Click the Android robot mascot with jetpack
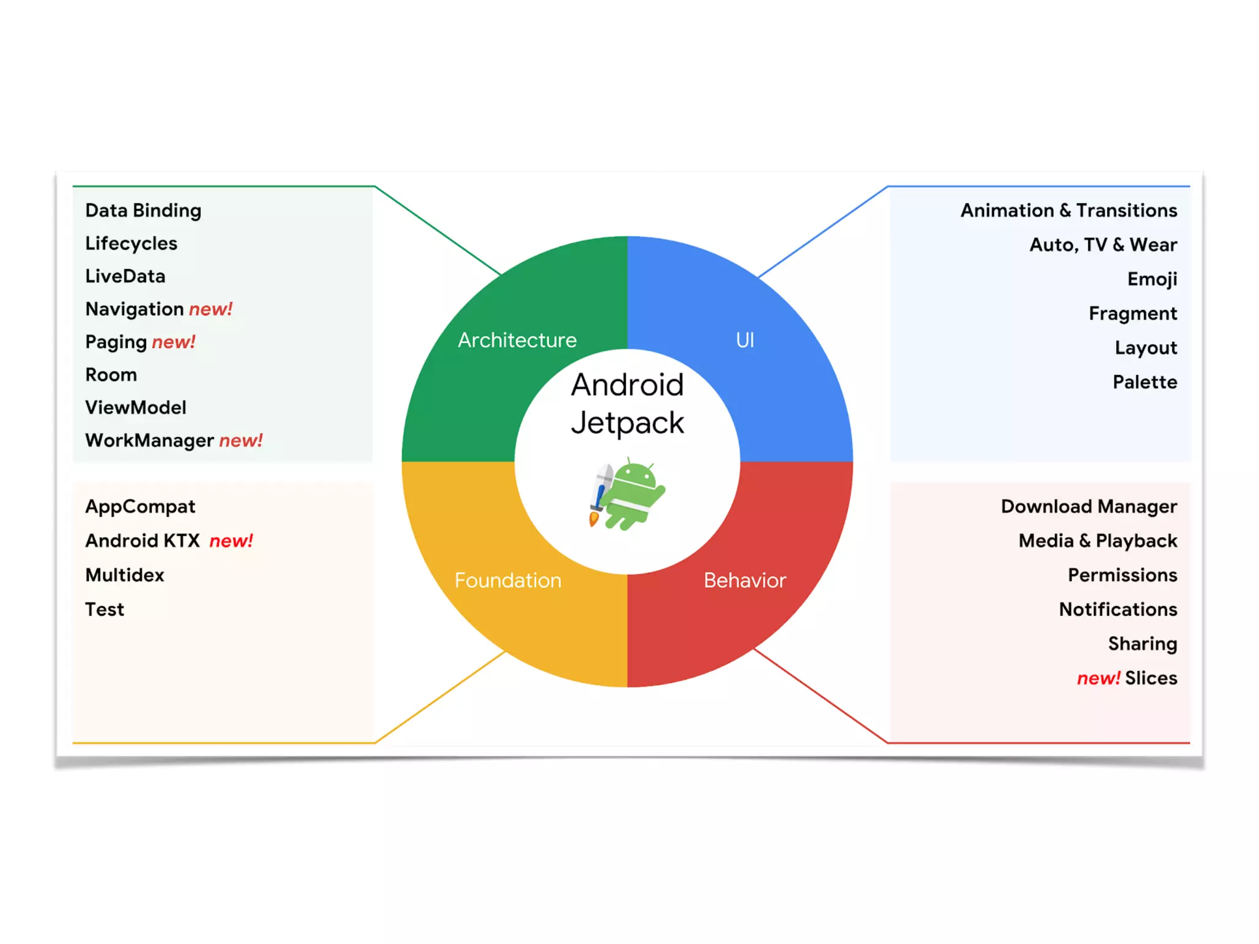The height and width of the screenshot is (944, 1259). point(627,493)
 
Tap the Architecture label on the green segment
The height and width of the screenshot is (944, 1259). point(517,340)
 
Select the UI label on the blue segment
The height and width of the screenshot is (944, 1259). point(744,340)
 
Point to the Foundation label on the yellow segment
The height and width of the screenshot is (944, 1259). point(508,580)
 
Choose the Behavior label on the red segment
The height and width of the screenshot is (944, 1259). point(744,580)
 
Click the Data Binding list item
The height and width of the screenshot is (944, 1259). point(143,210)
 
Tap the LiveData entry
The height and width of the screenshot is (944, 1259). point(125,276)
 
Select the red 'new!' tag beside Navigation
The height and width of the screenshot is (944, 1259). point(210,309)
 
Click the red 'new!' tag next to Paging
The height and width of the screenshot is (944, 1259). point(173,342)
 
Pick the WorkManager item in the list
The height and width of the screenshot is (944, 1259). point(149,440)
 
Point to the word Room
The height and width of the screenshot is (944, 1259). point(111,374)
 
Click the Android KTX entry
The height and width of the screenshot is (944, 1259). point(143,540)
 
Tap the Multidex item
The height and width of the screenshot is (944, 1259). point(125,575)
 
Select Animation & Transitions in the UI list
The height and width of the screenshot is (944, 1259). point(1068,210)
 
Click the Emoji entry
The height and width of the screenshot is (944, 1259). point(1152,279)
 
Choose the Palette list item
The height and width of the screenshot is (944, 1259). point(1145,382)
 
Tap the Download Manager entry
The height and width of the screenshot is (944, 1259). point(1089,506)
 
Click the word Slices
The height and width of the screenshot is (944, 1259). point(1151,678)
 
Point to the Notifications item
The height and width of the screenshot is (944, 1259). point(1118,609)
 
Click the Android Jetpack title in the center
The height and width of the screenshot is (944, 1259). point(627,403)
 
